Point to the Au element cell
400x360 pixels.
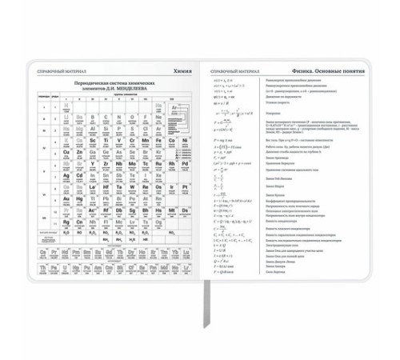[x=66, y=198]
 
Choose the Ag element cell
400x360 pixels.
[x=66, y=174]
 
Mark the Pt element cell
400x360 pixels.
[x=184, y=186]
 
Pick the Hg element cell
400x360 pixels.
[x=79, y=198]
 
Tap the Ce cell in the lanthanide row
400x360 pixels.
[x=43, y=252]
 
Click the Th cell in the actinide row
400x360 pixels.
[x=43, y=268]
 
